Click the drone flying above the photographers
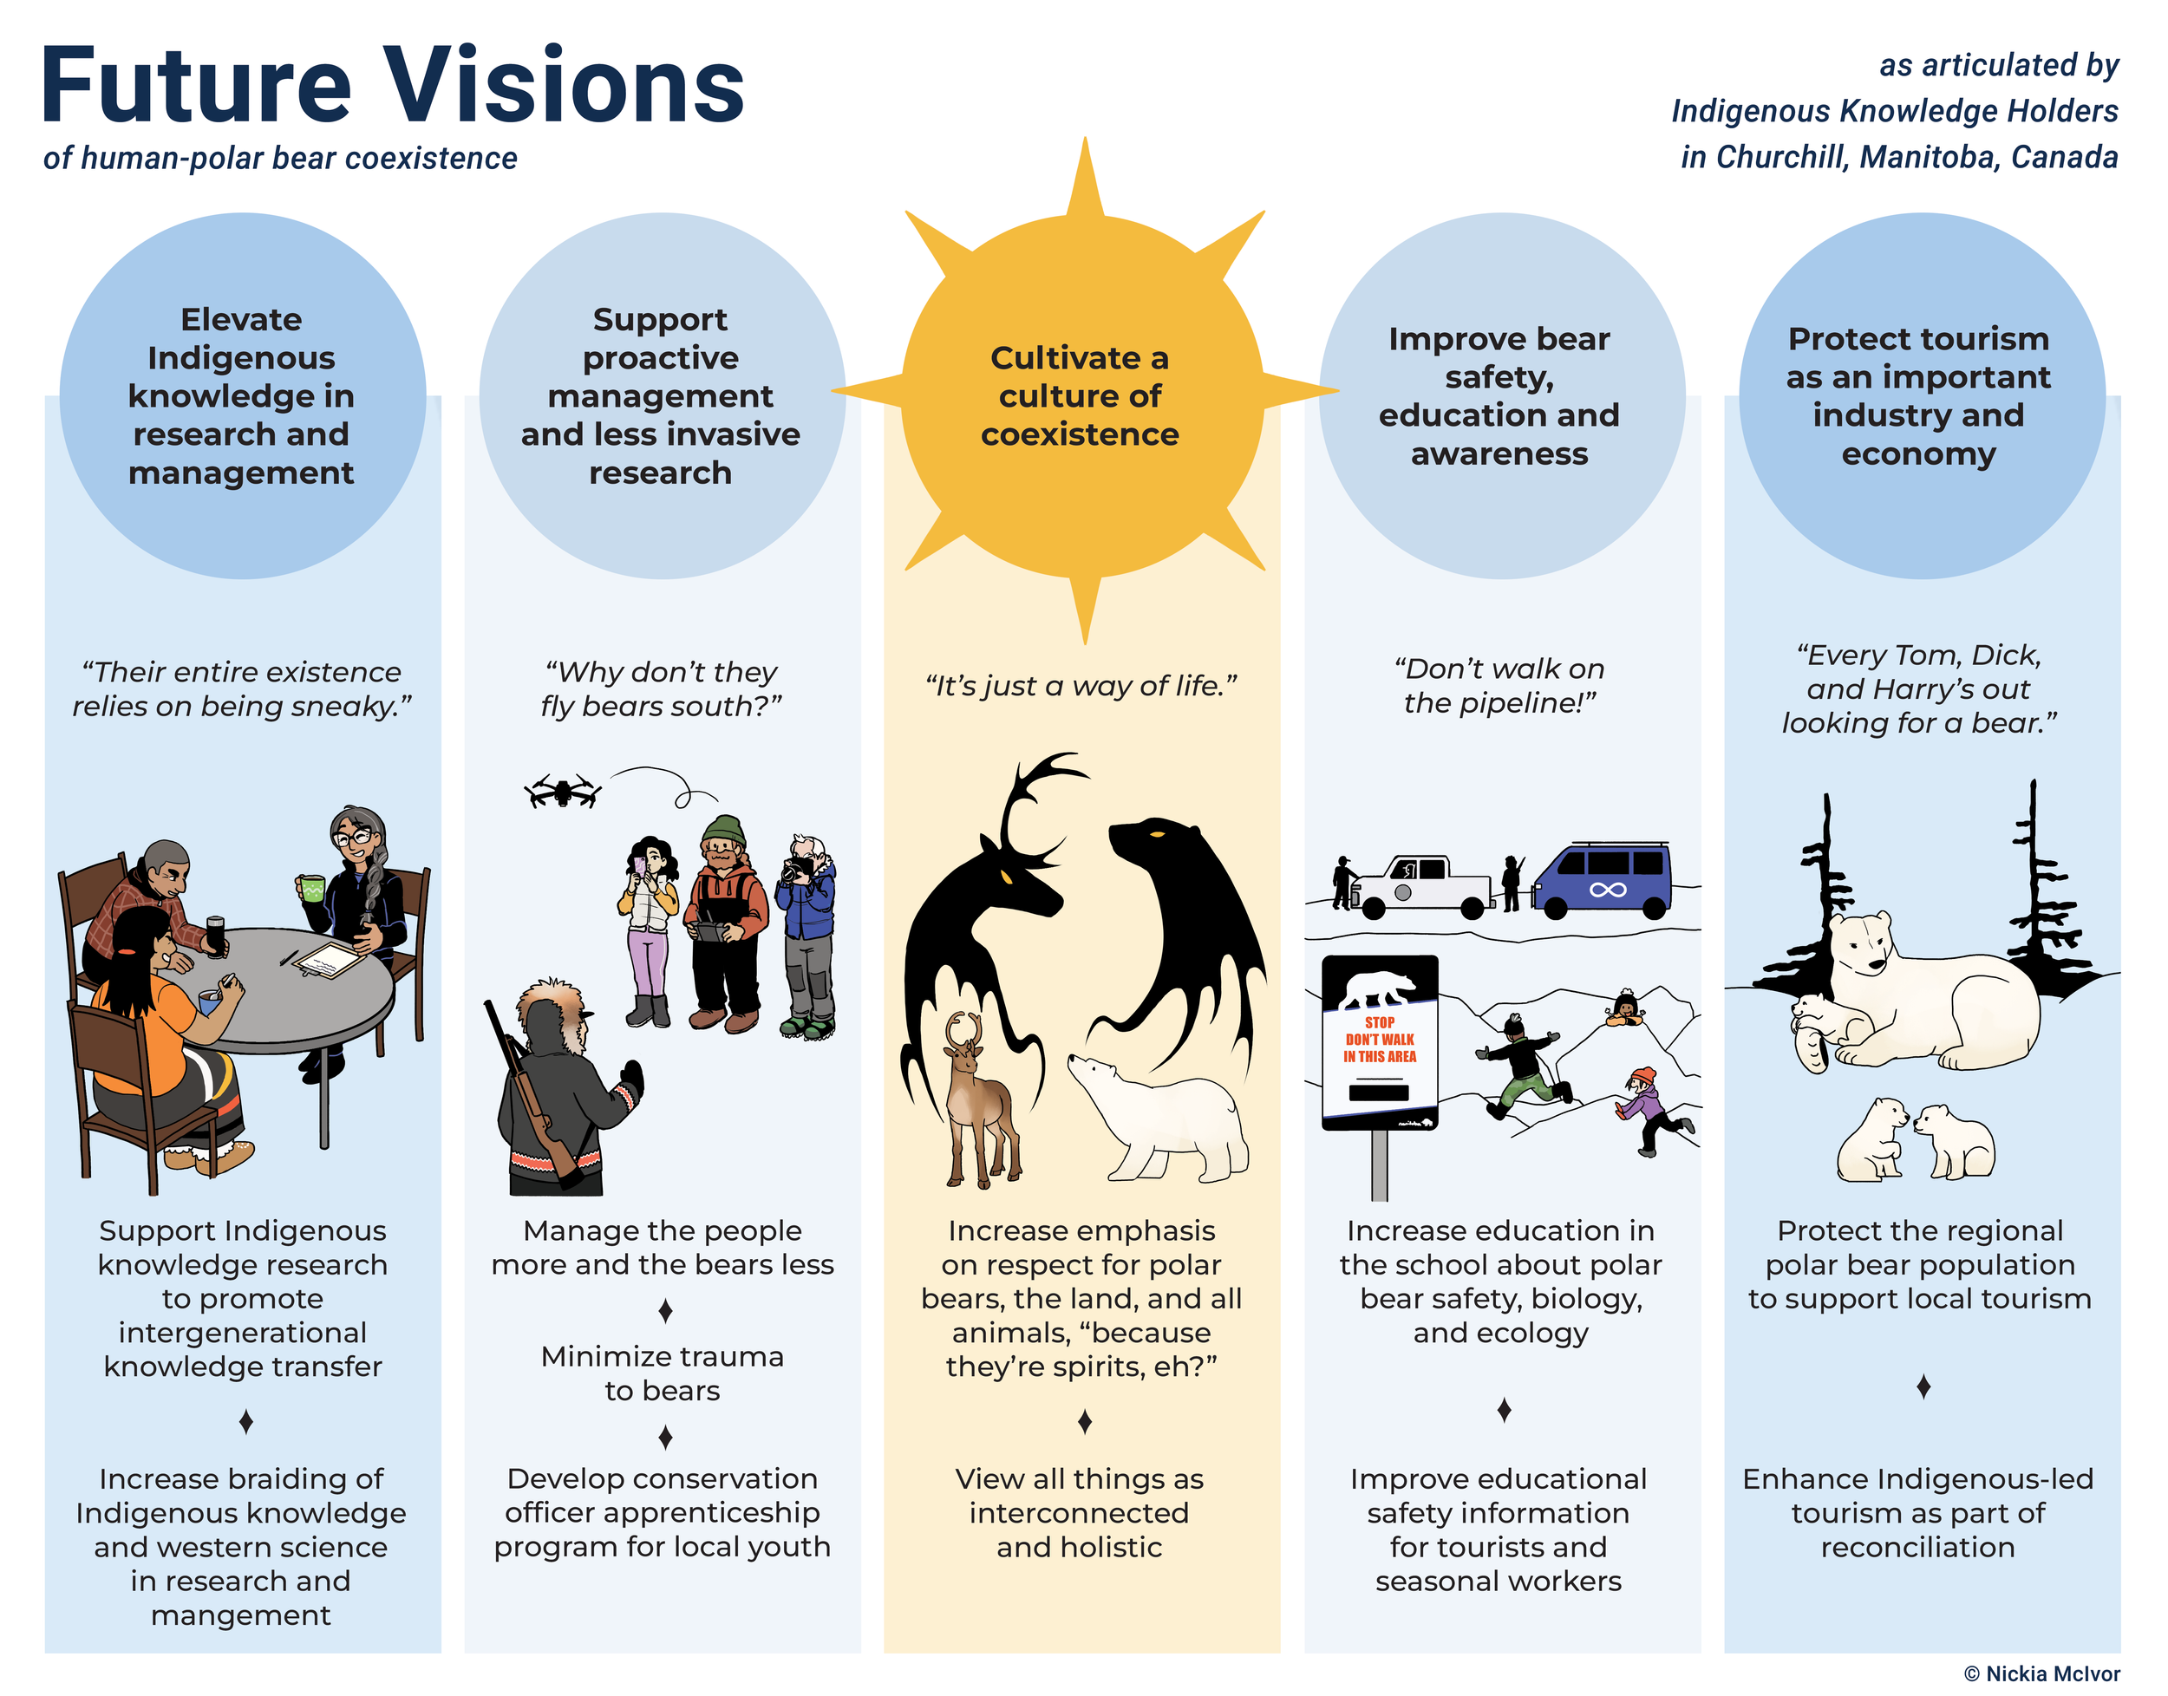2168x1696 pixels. (563, 792)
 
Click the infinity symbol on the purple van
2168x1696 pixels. (1607, 889)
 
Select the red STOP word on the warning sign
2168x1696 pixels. (1380, 1021)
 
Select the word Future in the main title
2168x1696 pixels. (196, 87)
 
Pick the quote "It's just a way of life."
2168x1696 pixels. (1081, 686)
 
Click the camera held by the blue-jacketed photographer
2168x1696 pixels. (794, 871)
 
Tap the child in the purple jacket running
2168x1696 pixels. (1649, 1110)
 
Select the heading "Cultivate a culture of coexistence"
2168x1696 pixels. (1081, 395)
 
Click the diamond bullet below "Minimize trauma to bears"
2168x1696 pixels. (665, 1436)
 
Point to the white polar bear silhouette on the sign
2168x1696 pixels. (1381, 988)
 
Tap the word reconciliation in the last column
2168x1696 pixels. (1917, 1547)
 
